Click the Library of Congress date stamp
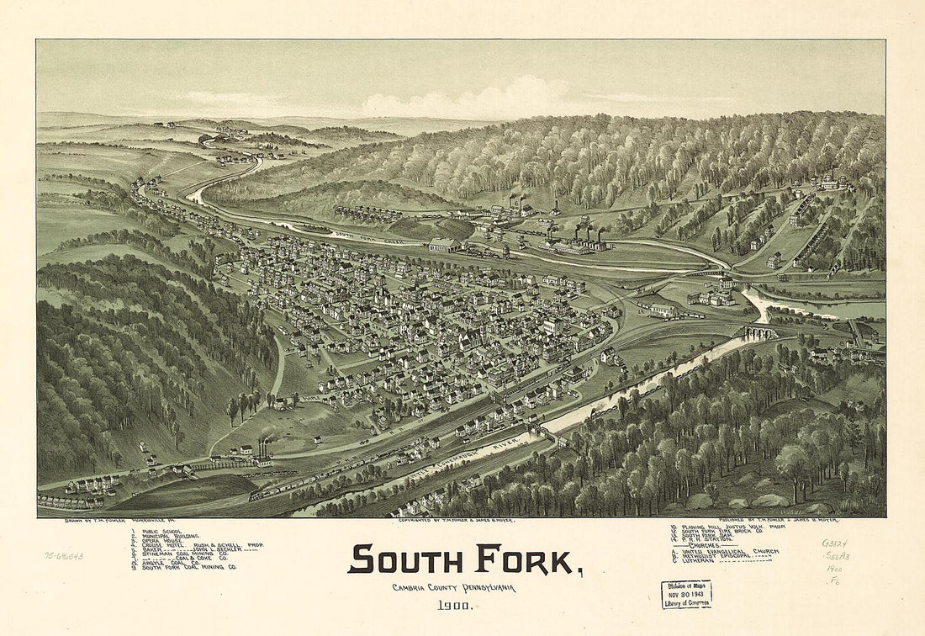pos(686,594)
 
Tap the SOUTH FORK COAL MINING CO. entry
pos(188,568)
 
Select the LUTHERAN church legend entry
pos(723,561)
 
